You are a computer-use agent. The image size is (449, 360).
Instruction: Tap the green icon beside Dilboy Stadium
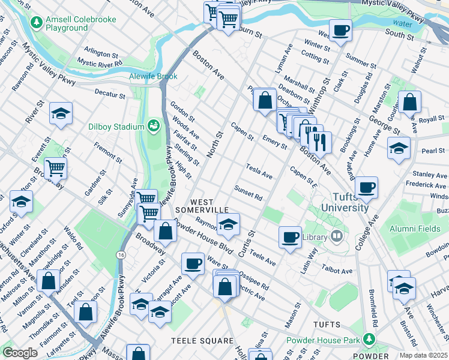point(154,126)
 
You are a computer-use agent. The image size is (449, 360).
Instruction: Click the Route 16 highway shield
point(121,256)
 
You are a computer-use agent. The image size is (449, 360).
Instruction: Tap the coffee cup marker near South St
point(340,31)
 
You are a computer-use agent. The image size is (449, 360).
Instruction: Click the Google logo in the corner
point(20,353)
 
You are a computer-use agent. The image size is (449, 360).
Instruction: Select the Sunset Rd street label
point(249,193)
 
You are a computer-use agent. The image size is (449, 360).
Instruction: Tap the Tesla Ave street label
point(259,171)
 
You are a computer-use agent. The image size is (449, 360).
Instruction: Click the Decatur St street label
point(110,94)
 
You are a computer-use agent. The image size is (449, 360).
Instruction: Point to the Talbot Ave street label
point(337,271)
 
